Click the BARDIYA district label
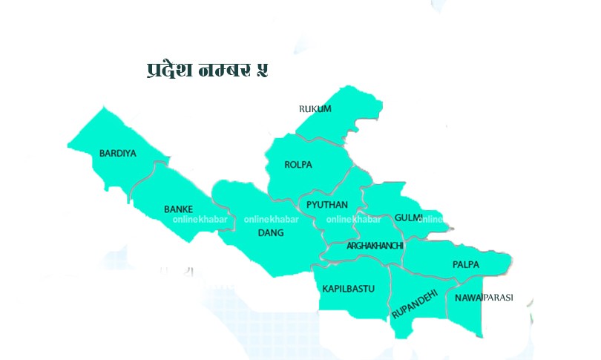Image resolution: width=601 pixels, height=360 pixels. (x=118, y=154)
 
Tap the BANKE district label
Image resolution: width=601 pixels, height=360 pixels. (x=179, y=209)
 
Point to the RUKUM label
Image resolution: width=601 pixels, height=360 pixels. (x=315, y=109)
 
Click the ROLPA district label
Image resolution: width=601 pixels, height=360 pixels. (x=298, y=164)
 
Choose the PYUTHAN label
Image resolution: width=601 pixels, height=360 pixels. (x=327, y=204)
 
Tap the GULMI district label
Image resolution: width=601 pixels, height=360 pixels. (x=408, y=217)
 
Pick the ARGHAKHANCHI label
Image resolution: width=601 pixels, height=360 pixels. (x=375, y=245)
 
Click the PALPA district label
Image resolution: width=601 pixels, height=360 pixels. (x=466, y=264)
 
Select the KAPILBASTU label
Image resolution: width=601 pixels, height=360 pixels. (x=348, y=288)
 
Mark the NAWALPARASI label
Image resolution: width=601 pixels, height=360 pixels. (x=479, y=298)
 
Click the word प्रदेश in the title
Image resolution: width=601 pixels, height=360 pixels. (x=170, y=70)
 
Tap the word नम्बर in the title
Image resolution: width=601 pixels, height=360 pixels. (x=226, y=70)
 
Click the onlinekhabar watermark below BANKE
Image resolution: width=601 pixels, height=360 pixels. (x=195, y=220)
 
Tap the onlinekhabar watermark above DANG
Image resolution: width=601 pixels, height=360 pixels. (x=272, y=220)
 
